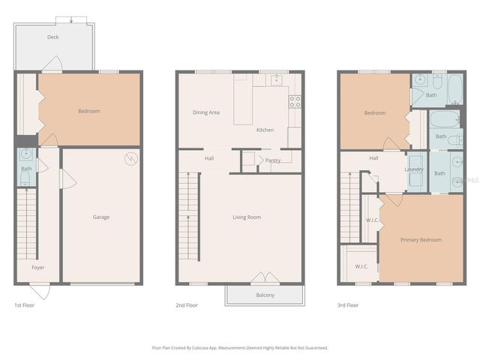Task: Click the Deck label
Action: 52,37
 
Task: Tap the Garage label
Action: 101,217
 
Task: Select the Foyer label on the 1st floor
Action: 37,267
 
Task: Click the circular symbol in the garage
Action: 130,158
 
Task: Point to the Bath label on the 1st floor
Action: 26,169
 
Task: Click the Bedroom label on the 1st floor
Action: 88,111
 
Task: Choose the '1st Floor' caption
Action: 24,305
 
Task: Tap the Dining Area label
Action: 205,112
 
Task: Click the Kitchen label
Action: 265,130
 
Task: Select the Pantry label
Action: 272,160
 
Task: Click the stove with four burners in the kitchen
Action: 295,100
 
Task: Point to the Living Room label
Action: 246,217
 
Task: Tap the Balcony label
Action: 265,295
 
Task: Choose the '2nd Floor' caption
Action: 187,305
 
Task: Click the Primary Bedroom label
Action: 421,240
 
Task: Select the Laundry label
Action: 414,169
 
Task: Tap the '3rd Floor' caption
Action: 348,305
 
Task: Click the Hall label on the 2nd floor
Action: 209,158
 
